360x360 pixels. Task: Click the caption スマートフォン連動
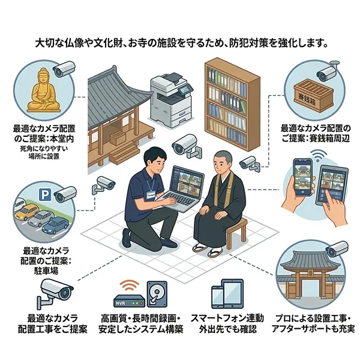(x=227, y=317)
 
